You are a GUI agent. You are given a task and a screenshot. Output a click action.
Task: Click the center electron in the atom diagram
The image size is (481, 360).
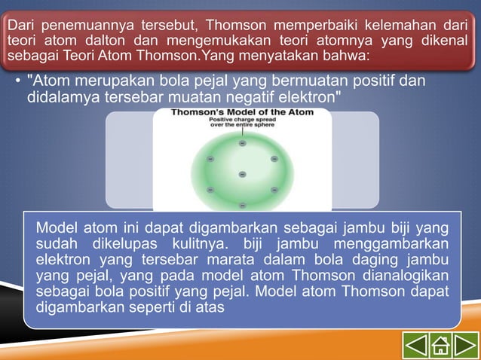(x=242, y=174)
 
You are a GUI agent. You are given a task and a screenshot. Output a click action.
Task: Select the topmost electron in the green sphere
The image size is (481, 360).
(x=242, y=142)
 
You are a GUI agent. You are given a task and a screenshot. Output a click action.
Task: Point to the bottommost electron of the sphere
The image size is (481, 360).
(x=242, y=205)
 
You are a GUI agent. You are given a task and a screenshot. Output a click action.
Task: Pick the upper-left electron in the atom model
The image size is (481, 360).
(x=210, y=158)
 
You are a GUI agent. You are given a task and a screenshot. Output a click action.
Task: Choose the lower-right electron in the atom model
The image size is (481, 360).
(x=274, y=189)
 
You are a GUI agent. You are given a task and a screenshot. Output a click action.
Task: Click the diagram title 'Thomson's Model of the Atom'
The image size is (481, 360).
(x=242, y=112)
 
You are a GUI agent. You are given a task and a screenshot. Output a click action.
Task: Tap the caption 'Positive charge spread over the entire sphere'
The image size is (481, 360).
(x=242, y=122)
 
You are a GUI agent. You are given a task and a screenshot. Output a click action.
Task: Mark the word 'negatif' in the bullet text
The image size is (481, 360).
(x=241, y=97)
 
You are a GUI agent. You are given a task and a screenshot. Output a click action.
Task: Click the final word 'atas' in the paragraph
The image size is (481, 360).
(x=211, y=307)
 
